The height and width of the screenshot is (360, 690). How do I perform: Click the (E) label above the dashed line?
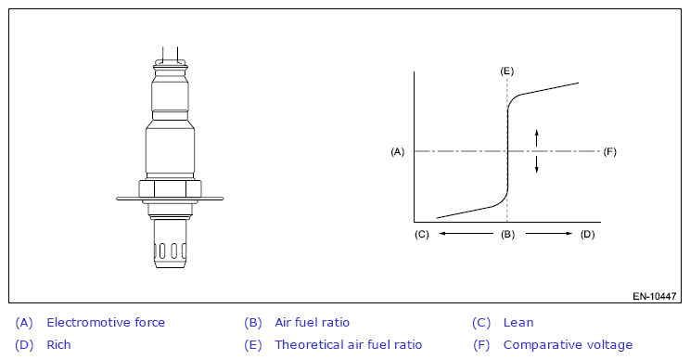click(x=507, y=71)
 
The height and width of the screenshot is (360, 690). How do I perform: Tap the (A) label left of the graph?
click(x=397, y=152)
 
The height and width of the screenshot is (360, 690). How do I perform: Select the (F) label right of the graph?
click(x=610, y=152)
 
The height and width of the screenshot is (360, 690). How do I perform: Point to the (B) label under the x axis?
click(x=507, y=234)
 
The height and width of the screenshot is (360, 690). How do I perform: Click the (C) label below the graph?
click(x=422, y=234)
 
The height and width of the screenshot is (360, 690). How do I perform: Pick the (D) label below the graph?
click(x=587, y=234)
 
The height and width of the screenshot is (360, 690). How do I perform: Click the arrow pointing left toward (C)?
click(x=466, y=234)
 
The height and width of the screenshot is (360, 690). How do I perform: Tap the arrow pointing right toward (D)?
click(x=549, y=234)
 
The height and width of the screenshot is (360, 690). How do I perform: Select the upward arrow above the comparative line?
click(x=536, y=137)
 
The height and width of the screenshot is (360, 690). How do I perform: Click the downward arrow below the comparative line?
click(x=536, y=164)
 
